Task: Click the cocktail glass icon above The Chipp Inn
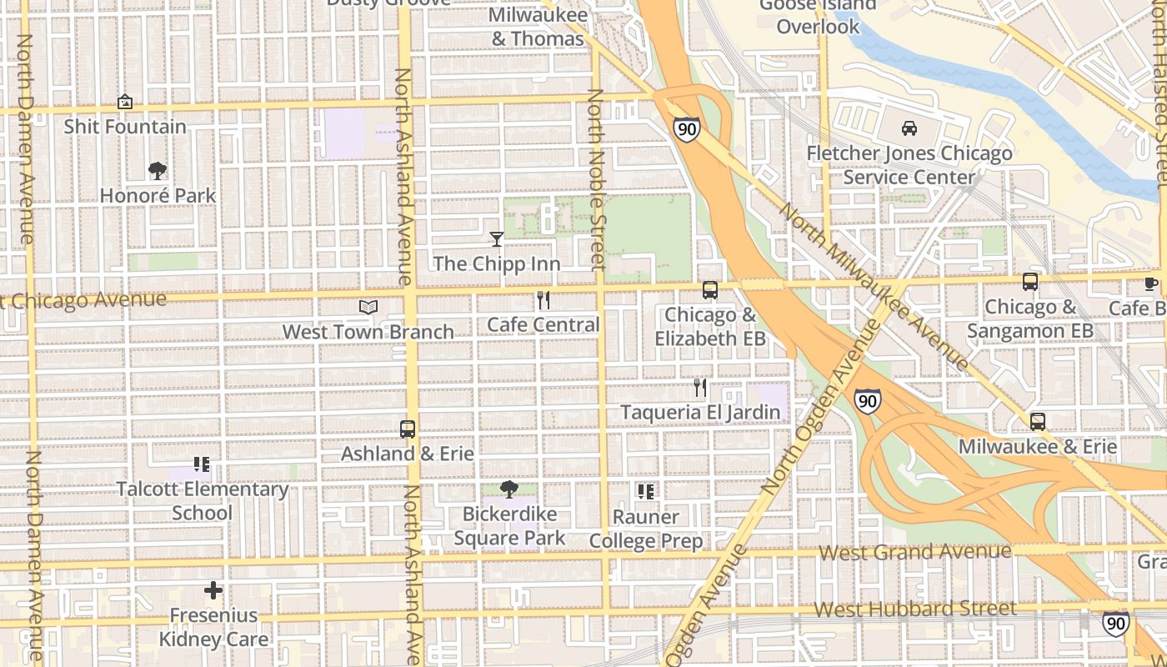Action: (497, 239)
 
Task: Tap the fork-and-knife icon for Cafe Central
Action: (543, 300)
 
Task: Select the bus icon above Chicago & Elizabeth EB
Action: (710, 290)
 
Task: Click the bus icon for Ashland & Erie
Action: (408, 429)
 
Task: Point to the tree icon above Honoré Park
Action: (157, 171)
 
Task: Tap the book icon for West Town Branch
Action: (368, 307)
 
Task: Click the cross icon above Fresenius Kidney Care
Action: (213, 590)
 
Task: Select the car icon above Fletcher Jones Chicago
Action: (909, 128)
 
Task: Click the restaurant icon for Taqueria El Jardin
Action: (700, 388)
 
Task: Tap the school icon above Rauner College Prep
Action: (646, 492)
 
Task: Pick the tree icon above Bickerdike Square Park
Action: (508, 489)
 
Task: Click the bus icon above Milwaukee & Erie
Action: (1037, 422)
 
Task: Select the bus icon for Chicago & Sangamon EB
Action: (1030, 282)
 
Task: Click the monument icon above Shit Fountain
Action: (125, 102)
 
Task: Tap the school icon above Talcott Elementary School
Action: (202, 464)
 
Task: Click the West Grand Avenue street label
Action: (914, 552)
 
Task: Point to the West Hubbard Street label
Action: (914, 609)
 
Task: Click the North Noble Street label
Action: (596, 179)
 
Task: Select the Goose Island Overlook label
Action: (818, 15)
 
